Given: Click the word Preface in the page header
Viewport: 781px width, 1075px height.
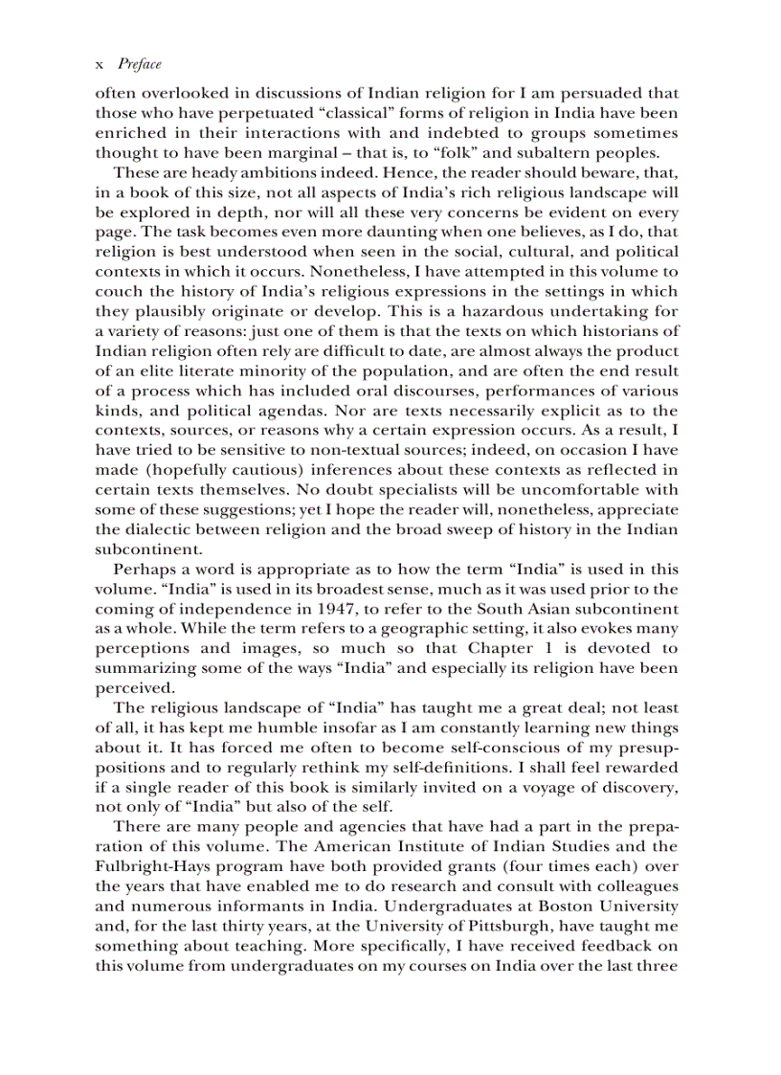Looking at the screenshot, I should [139, 64].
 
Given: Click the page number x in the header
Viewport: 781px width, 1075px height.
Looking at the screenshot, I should [100, 65].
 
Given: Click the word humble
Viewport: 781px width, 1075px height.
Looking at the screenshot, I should [260, 728].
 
